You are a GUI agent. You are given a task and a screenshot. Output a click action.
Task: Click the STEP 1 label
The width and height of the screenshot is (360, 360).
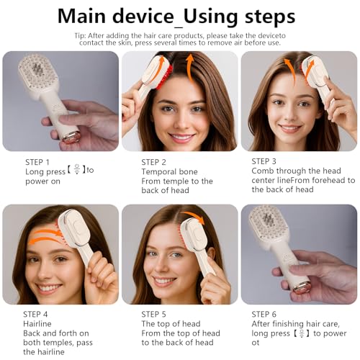[x=37, y=162]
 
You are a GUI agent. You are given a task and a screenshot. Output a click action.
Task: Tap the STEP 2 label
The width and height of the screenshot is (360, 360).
[x=154, y=162]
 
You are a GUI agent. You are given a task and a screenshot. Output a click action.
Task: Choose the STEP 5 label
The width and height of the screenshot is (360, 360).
[x=154, y=314]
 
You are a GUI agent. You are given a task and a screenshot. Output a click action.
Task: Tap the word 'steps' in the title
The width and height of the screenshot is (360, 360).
[x=261, y=16]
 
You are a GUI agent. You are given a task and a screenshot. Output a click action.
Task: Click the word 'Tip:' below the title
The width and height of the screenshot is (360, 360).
[x=101, y=34]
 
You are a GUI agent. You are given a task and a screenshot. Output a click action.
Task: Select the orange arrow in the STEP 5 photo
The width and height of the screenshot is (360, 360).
[x=194, y=217]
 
